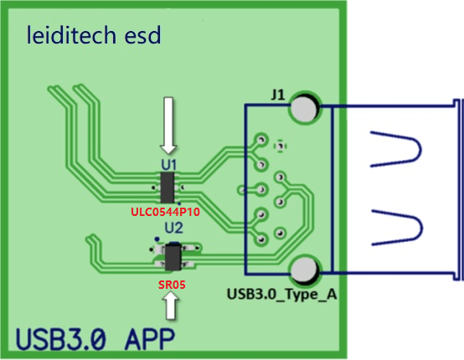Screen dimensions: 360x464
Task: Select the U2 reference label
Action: [173, 227]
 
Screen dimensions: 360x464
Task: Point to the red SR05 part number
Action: [172, 285]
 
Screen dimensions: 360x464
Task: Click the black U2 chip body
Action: [173, 255]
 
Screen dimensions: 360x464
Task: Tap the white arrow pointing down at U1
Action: [169, 122]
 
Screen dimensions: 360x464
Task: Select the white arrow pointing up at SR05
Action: [173, 309]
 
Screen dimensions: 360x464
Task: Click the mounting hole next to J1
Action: [305, 108]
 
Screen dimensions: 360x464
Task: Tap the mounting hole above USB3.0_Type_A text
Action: [305, 270]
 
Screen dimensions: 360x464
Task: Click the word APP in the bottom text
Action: [140, 340]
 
